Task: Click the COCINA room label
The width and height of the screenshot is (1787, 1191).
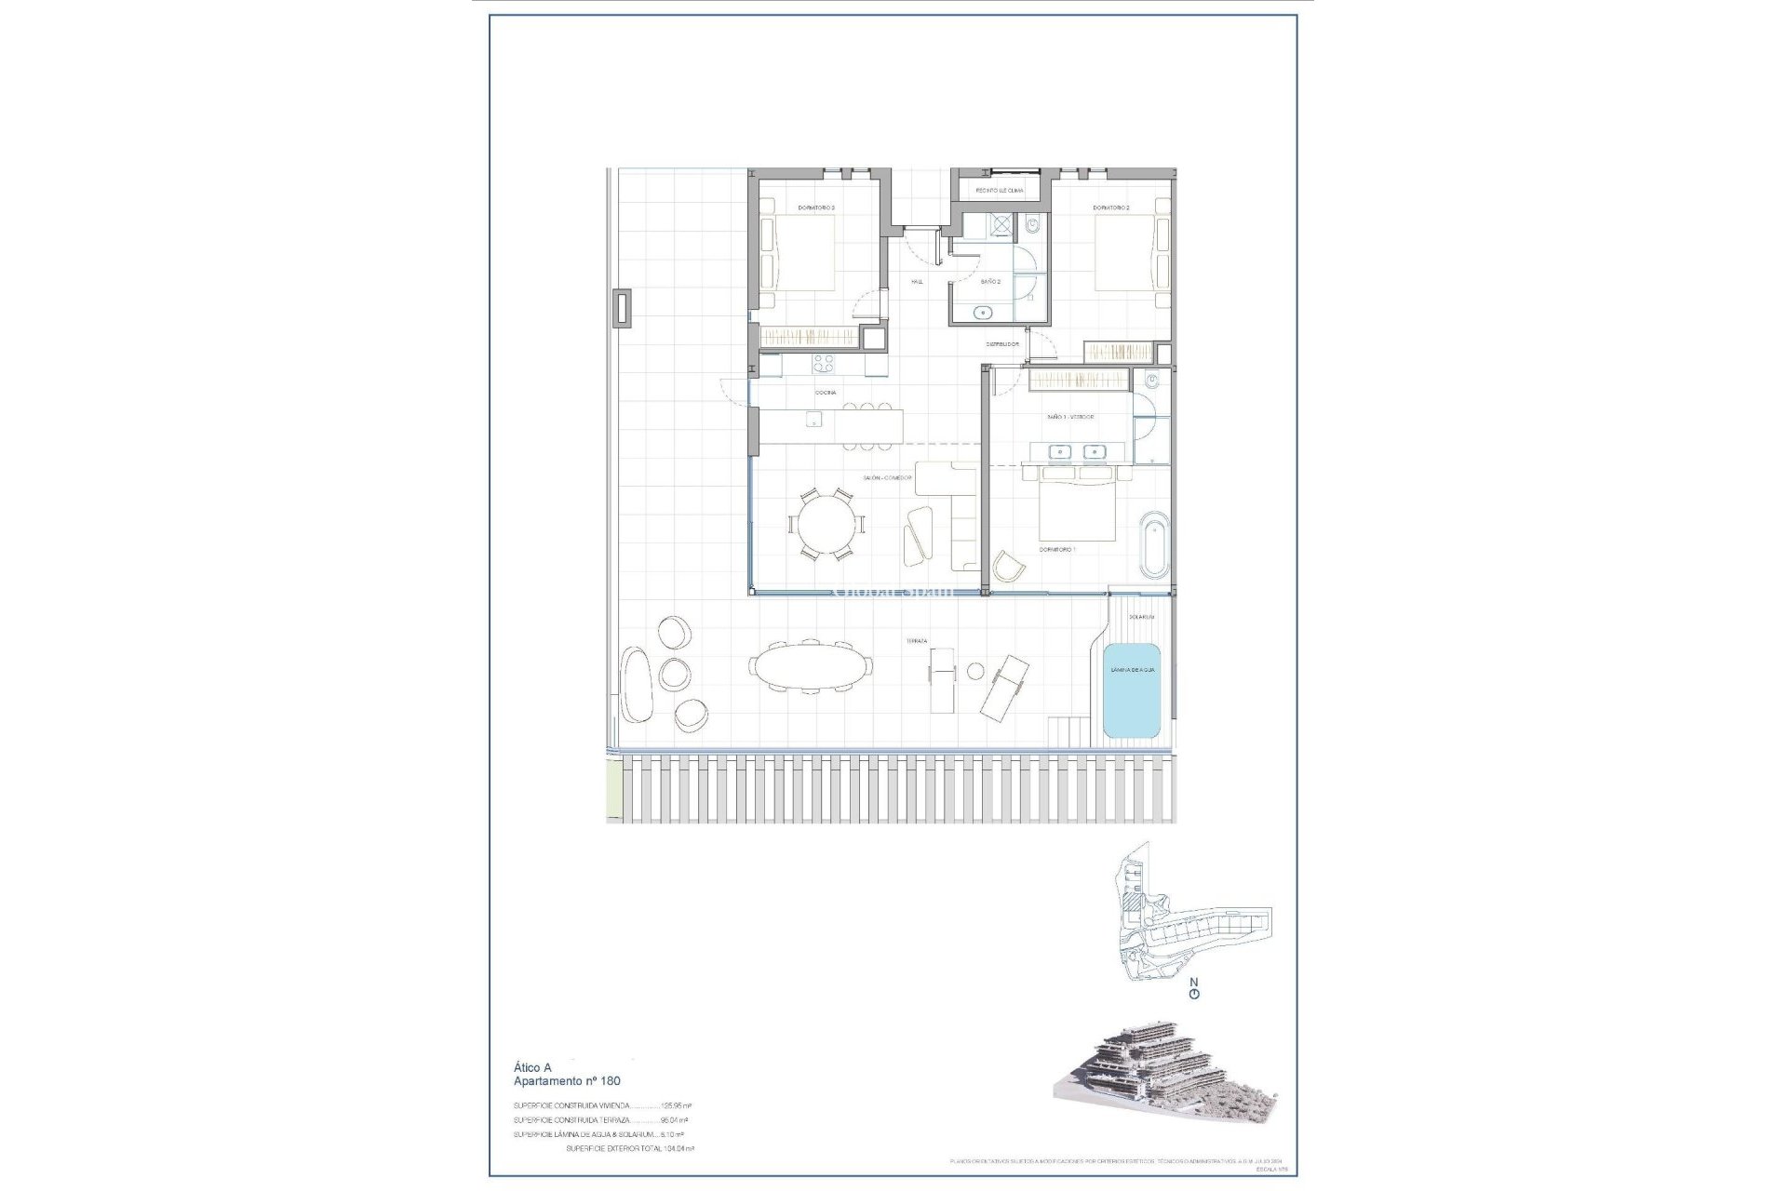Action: point(826,393)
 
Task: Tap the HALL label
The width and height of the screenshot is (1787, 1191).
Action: point(917,281)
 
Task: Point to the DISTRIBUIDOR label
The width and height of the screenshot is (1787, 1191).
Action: point(1002,344)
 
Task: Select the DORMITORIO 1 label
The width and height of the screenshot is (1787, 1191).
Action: point(1057,550)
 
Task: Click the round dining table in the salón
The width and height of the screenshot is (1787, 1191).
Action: point(826,525)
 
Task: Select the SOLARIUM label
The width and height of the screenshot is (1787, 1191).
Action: point(1141,617)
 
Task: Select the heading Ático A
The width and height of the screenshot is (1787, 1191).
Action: point(532,1068)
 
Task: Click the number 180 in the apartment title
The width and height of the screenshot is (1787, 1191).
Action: point(610,1081)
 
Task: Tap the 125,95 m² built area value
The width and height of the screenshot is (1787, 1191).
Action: point(676,1106)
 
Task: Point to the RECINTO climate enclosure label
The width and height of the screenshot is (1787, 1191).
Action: point(999,191)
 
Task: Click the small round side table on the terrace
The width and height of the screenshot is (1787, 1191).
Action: point(975,671)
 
